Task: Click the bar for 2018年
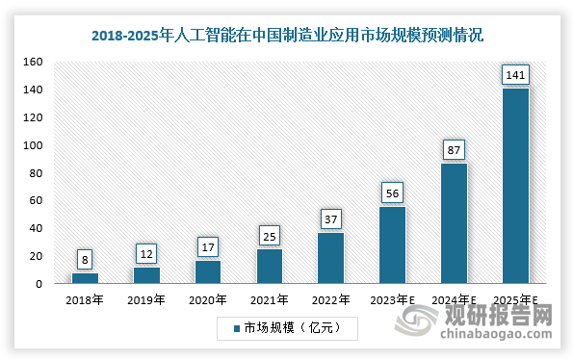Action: click(x=85, y=278)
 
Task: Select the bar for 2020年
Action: click(x=208, y=271)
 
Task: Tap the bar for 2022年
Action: click(x=330, y=258)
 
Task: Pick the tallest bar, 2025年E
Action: click(x=515, y=186)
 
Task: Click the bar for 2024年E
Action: click(x=454, y=223)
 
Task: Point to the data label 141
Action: click(x=515, y=75)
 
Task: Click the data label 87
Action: click(x=454, y=150)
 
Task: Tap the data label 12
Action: click(x=146, y=254)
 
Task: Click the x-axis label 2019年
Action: click(x=146, y=299)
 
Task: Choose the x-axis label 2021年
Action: click(x=270, y=299)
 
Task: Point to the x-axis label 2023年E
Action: click(x=392, y=299)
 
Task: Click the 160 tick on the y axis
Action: click(x=33, y=63)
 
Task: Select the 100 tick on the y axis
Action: click(x=33, y=145)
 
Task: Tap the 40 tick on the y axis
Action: click(x=36, y=229)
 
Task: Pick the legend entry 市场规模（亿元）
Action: click(x=287, y=328)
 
